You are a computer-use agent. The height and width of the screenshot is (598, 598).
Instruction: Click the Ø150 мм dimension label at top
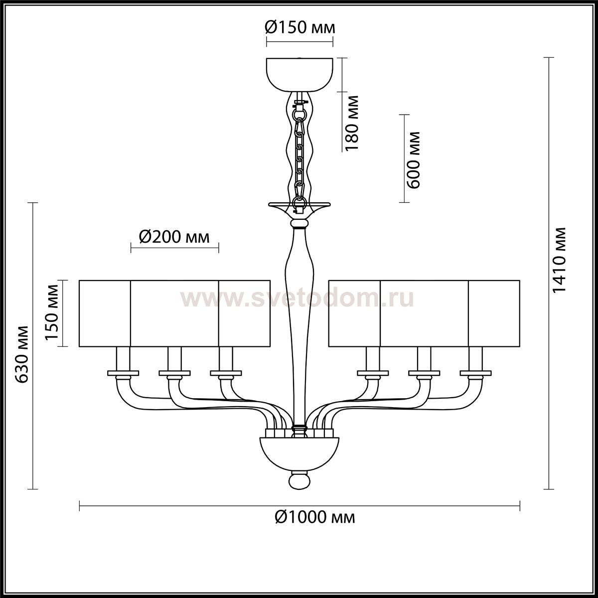(300, 28)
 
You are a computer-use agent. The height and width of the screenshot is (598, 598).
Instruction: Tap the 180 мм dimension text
(352, 123)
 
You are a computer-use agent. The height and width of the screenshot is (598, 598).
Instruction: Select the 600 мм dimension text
(413, 160)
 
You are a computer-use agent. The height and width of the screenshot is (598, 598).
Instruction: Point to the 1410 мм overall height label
(560, 260)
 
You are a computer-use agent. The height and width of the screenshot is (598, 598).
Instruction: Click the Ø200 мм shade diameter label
(174, 237)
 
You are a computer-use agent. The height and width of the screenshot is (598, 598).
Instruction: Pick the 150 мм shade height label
(51, 312)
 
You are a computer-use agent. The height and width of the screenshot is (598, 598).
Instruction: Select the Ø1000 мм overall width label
(314, 517)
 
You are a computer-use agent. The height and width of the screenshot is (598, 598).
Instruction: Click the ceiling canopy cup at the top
(300, 74)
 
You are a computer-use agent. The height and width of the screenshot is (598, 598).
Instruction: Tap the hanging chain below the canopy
(299, 155)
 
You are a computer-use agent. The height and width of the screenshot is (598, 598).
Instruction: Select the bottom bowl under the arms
(299, 453)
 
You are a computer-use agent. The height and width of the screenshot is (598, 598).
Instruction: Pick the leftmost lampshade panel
(105, 313)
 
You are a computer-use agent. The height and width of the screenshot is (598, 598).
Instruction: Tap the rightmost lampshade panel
(494, 313)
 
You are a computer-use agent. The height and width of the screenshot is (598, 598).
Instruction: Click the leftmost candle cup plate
(123, 373)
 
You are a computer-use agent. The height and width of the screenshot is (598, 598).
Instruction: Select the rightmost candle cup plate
(476, 373)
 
